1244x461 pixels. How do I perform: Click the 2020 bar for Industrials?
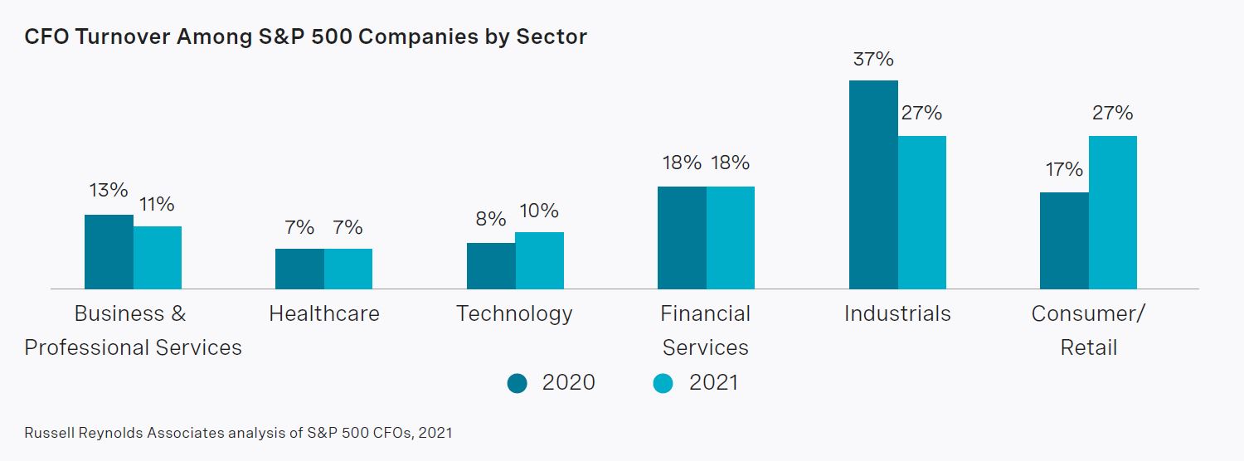click(x=873, y=185)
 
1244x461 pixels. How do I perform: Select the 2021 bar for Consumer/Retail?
click(x=1112, y=212)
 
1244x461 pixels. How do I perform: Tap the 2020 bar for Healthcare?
click(x=299, y=269)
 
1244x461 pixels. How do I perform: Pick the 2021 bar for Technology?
click(x=539, y=260)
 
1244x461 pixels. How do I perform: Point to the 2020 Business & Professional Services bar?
click(x=109, y=251)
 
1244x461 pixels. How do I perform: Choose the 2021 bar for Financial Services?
click(x=731, y=237)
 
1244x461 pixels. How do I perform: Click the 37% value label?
click(x=872, y=60)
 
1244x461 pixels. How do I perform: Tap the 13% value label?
click(x=108, y=191)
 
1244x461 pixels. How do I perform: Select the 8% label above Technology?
click(x=490, y=220)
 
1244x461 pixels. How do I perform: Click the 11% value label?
click(x=157, y=204)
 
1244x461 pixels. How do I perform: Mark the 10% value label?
click(x=538, y=211)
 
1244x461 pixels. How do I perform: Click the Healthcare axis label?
click(x=324, y=313)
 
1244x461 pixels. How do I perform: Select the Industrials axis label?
click(x=897, y=313)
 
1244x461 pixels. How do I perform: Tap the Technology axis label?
click(x=514, y=313)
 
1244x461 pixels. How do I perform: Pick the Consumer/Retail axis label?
click(x=1088, y=330)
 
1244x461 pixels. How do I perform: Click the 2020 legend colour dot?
click(x=518, y=383)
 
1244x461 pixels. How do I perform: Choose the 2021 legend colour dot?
click(x=663, y=383)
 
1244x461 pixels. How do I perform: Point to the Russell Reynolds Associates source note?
click(x=238, y=433)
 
